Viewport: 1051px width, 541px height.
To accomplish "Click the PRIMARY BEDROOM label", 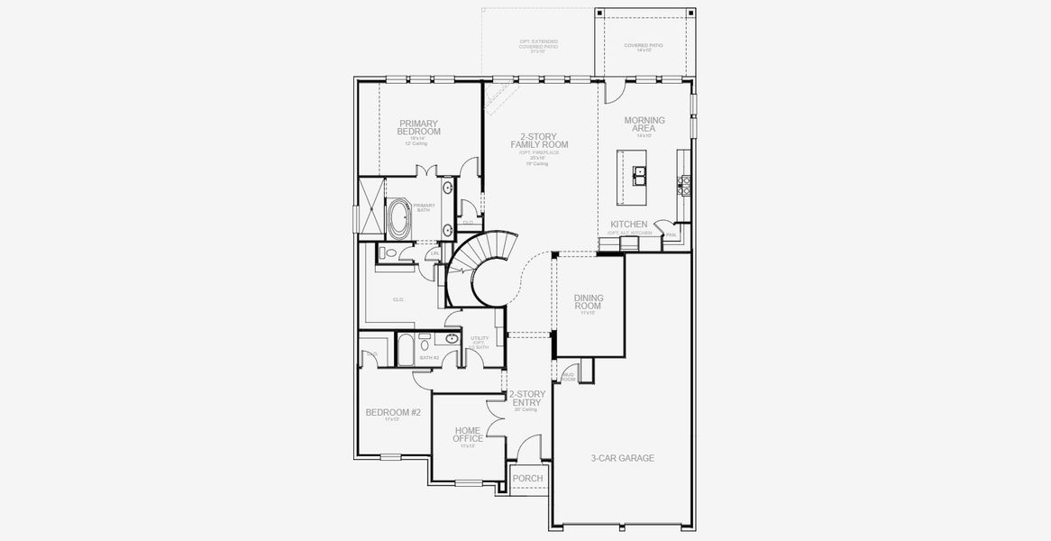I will click(x=418, y=127).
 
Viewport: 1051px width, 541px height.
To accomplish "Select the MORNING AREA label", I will click(x=644, y=124).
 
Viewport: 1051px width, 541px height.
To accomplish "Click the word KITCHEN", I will click(x=628, y=224).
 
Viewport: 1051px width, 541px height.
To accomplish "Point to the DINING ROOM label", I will click(x=589, y=301).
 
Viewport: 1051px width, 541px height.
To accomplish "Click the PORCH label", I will click(x=528, y=479).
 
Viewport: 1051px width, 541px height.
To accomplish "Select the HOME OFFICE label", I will click(x=467, y=435).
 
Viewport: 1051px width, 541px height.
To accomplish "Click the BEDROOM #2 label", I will click(x=393, y=412).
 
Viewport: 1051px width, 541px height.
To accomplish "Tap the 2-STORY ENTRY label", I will click(x=525, y=399).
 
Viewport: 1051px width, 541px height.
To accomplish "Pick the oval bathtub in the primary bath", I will click(x=399, y=217).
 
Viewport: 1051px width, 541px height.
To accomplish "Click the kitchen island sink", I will click(x=639, y=174).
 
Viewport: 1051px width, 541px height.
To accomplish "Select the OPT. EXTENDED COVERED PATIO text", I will click(x=538, y=46).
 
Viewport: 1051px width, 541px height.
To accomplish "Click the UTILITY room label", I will click(x=480, y=342).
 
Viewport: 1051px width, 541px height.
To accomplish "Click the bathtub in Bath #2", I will click(x=405, y=349).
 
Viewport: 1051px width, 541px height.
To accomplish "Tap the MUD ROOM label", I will click(x=568, y=376).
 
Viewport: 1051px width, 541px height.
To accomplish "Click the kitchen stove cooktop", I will click(x=683, y=184).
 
